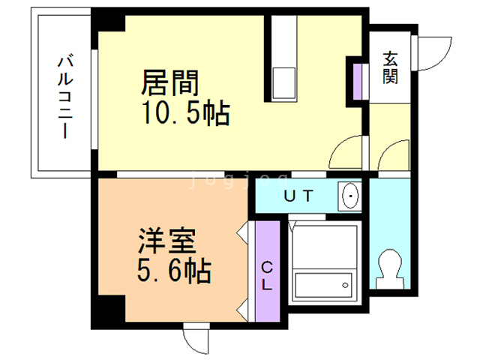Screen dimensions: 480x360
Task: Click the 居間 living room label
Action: click(170, 82)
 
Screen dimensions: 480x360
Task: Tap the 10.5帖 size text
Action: click(186, 113)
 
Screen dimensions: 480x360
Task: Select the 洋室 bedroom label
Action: click(167, 241)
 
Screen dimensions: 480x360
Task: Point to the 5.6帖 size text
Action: click(174, 270)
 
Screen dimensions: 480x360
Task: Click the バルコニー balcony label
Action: click(65, 97)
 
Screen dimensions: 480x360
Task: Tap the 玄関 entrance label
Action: click(390, 68)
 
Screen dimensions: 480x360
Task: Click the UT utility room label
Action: click(298, 196)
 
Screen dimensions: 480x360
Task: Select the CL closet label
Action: click(267, 276)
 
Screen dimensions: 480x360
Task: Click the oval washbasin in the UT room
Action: click(350, 196)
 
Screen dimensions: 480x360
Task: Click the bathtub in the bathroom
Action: click(323, 285)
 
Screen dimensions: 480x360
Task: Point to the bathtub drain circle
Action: click(345, 285)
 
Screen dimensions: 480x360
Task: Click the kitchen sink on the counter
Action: click(284, 82)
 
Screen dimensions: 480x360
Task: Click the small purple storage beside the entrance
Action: click(357, 82)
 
